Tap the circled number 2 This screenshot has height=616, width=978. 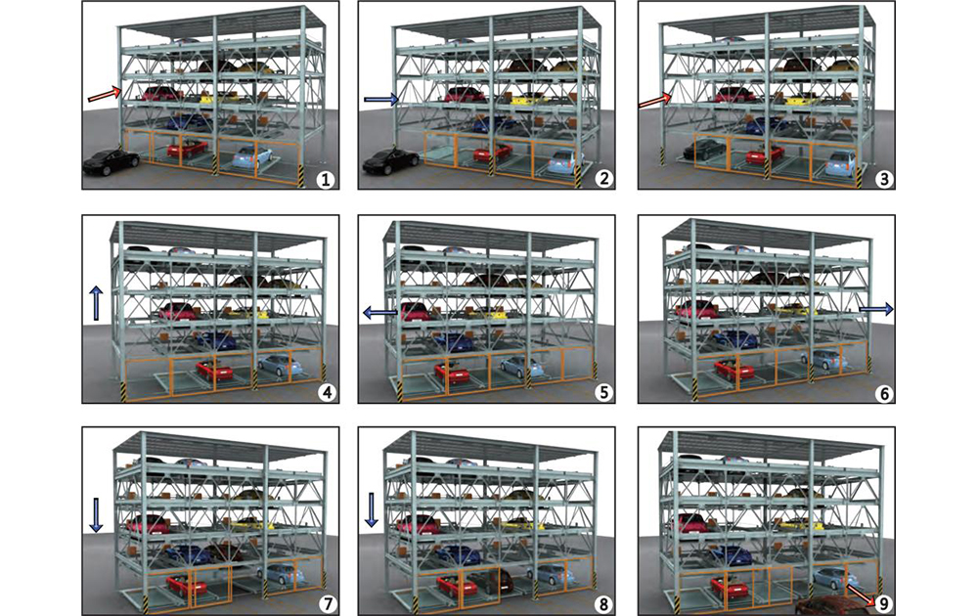click(x=601, y=180)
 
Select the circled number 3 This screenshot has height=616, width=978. click(x=883, y=180)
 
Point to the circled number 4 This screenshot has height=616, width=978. click(x=326, y=393)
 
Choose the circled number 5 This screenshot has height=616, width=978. click(x=602, y=393)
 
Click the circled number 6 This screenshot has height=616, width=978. click(x=883, y=393)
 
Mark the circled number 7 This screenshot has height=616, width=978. click(x=326, y=604)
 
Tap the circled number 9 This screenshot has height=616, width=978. click(x=882, y=603)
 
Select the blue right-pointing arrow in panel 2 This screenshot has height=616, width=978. click(x=381, y=99)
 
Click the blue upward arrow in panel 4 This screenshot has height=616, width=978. click(x=96, y=303)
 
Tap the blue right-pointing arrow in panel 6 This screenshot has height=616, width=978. click(x=876, y=309)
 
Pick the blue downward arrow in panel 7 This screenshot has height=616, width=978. click(x=96, y=515)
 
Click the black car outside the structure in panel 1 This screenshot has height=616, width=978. click(x=111, y=162)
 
